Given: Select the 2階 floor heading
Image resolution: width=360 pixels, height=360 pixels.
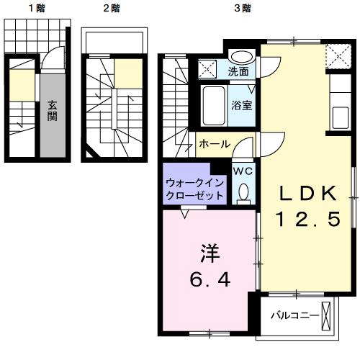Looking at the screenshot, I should coord(110,9).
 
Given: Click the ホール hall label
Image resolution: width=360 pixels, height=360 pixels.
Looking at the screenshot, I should coord(215,144).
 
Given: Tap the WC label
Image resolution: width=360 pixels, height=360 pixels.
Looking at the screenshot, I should coord(242,171).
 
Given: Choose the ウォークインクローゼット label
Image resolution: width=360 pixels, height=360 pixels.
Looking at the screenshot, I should coord(194,189).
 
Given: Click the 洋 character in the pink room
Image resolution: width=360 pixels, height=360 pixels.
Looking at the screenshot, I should coord(208,253).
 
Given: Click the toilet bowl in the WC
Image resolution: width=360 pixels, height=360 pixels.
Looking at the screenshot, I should coord(243,192).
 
